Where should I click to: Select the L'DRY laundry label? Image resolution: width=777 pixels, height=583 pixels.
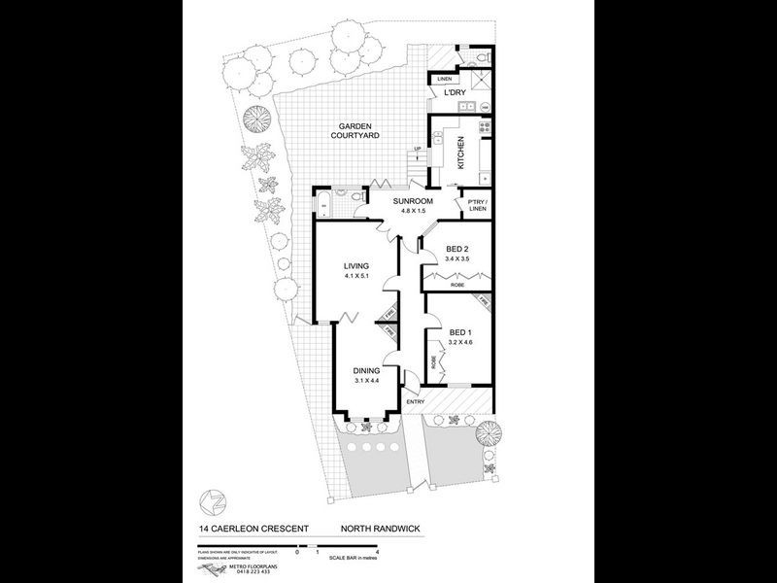point(455,94)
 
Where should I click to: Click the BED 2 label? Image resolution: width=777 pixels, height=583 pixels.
point(456,250)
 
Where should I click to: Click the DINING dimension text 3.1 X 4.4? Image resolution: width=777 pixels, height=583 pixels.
point(365,380)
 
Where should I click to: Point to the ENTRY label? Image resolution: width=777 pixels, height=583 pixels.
point(416,401)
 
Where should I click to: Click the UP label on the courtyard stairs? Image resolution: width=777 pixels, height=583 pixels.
point(418,149)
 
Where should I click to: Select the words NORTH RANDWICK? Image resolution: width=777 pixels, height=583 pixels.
point(380,529)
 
